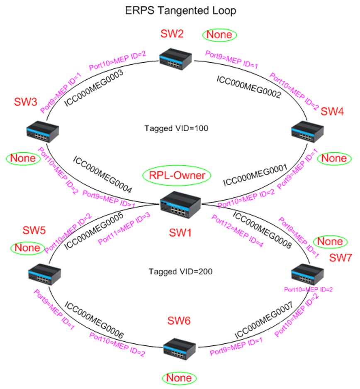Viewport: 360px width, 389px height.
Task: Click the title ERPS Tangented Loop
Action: (181, 11)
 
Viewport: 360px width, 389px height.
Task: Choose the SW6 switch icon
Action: (180, 348)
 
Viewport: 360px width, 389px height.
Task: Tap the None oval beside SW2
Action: (219, 35)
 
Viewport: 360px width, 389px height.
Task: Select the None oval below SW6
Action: (179, 378)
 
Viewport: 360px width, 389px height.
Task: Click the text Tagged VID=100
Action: (176, 128)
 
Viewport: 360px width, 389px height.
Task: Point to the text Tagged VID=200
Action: (180, 272)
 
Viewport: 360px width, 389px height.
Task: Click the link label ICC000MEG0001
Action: (255, 176)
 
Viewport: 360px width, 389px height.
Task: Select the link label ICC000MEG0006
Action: (94, 320)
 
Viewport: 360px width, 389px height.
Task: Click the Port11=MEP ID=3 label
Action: (124, 228)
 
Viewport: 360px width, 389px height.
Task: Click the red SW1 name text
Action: (180, 233)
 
